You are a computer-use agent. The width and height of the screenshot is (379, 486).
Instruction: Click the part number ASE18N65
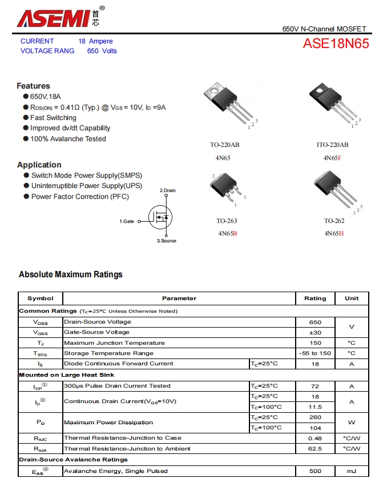click(x=336, y=44)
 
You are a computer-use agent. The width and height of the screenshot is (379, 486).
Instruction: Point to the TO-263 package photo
click(x=226, y=188)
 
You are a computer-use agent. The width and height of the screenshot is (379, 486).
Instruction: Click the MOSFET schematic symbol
click(x=162, y=217)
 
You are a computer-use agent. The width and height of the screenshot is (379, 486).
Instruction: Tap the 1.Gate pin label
click(x=127, y=221)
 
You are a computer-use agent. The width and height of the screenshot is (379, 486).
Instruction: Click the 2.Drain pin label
click(x=167, y=190)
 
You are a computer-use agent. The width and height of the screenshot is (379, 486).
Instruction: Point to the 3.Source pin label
click(x=167, y=241)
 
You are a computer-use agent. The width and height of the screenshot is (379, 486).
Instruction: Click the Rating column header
click(x=315, y=298)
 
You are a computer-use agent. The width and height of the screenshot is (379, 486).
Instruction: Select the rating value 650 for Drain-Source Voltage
click(x=315, y=322)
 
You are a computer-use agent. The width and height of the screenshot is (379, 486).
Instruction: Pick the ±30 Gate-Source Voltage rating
click(x=315, y=332)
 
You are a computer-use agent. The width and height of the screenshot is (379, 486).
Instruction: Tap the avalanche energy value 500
click(x=315, y=471)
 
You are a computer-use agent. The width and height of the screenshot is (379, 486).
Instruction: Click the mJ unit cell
click(x=352, y=471)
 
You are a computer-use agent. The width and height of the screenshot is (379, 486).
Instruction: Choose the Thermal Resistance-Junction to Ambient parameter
click(x=127, y=449)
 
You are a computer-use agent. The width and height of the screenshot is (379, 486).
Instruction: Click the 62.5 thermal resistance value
click(x=315, y=449)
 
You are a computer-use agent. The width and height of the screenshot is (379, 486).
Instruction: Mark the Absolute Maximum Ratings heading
click(x=71, y=274)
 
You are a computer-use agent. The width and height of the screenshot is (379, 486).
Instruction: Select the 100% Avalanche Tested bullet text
click(x=68, y=139)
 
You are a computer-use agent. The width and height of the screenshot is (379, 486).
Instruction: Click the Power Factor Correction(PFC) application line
click(x=80, y=197)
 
